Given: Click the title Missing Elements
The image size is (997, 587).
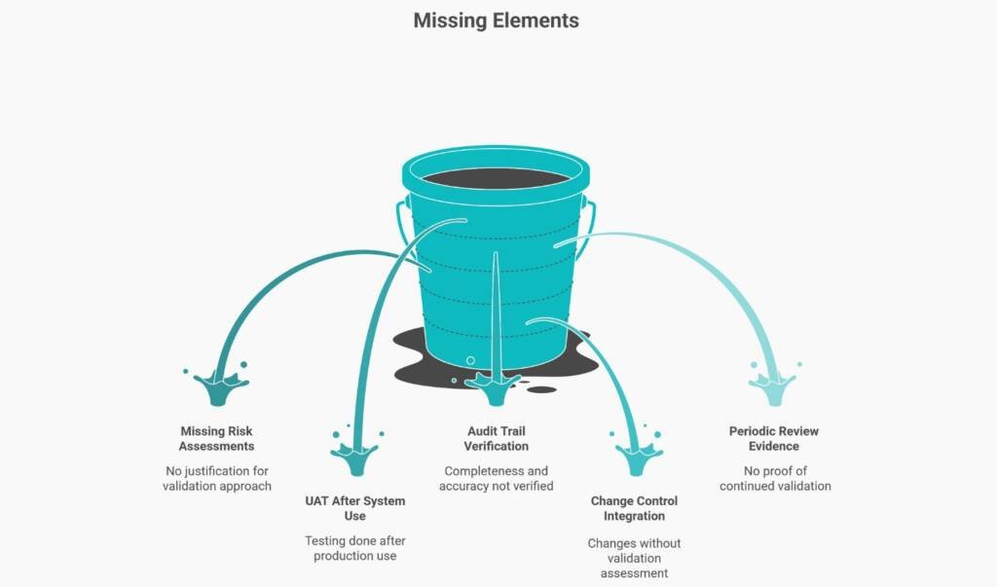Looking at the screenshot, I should click(496, 20).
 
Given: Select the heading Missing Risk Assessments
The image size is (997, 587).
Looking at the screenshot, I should click(216, 438).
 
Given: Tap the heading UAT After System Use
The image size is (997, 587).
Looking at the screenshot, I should click(354, 508).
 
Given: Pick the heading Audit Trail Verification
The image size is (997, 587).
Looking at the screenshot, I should click(496, 438).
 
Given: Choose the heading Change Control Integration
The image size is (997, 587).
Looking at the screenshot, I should click(634, 508).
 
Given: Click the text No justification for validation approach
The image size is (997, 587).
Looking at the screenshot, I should click(216, 478).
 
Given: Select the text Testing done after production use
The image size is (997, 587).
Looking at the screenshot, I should click(354, 548).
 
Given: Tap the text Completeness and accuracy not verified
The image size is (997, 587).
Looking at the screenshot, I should click(496, 478).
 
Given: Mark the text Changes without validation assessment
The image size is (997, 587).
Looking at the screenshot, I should click(634, 558).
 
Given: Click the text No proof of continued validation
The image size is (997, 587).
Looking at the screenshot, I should click(775, 478).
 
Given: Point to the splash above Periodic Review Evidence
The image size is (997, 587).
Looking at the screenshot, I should click(772, 387).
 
